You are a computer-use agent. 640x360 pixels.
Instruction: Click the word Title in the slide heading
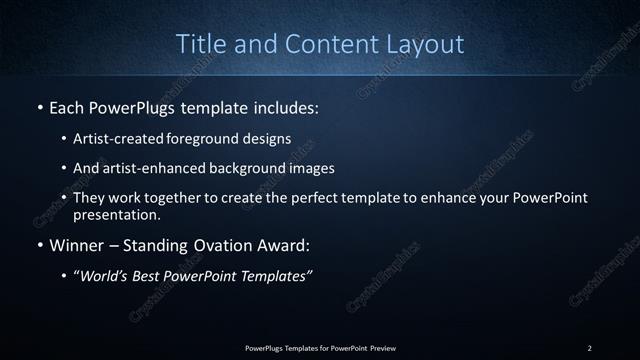(200, 44)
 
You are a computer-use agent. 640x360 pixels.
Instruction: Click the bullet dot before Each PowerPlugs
(39, 105)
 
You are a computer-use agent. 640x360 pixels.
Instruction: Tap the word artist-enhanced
(151, 168)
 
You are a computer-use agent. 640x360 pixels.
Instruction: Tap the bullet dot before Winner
(39, 243)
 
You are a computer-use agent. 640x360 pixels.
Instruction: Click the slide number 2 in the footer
(589, 347)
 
